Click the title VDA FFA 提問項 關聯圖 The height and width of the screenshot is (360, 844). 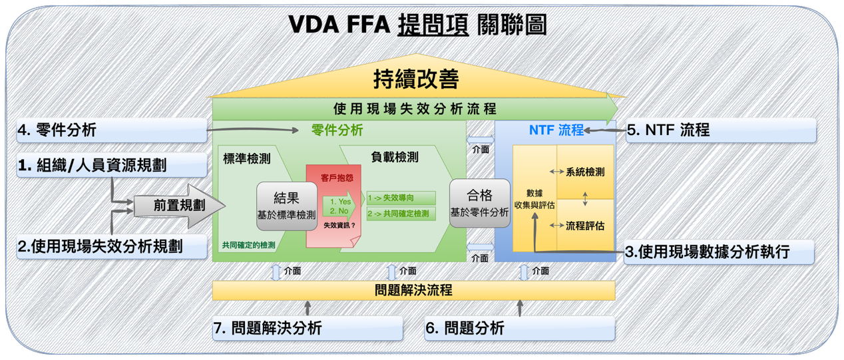pyautogui.click(x=417, y=25)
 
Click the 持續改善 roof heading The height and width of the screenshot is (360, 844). pyautogui.click(x=416, y=79)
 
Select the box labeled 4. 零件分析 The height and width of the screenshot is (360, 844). pyautogui.click(x=112, y=130)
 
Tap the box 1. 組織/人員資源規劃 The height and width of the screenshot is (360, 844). pyautogui.click(x=112, y=165)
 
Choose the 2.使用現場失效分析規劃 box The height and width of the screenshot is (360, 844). pyautogui.click(x=112, y=247)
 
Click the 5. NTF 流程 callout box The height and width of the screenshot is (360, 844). pyautogui.click(x=721, y=130)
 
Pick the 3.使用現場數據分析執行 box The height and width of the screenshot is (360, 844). pyautogui.click(x=719, y=252)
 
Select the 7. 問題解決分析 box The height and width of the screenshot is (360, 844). pyautogui.click(x=308, y=328)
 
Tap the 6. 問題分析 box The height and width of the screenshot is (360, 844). pyautogui.click(x=520, y=328)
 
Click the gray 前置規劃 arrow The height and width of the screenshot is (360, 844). pyautogui.click(x=179, y=206)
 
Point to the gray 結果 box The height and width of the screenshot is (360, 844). pyautogui.click(x=287, y=206)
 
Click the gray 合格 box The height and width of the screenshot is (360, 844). pyautogui.click(x=480, y=204)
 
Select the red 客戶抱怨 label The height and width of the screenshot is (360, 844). pyautogui.click(x=337, y=178)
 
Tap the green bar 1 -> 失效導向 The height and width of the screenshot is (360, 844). pyautogui.click(x=401, y=198)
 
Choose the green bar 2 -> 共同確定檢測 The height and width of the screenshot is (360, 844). pyautogui.click(x=401, y=214)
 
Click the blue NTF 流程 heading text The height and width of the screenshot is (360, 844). pyautogui.click(x=556, y=130)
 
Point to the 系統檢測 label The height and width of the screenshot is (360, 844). pyautogui.click(x=585, y=172)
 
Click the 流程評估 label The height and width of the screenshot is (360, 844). pyautogui.click(x=585, y=226)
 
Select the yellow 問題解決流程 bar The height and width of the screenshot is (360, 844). pyautogui.click(x=414, y=290)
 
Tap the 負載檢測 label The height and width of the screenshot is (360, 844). pyautogui.click(x=395, y=157)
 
